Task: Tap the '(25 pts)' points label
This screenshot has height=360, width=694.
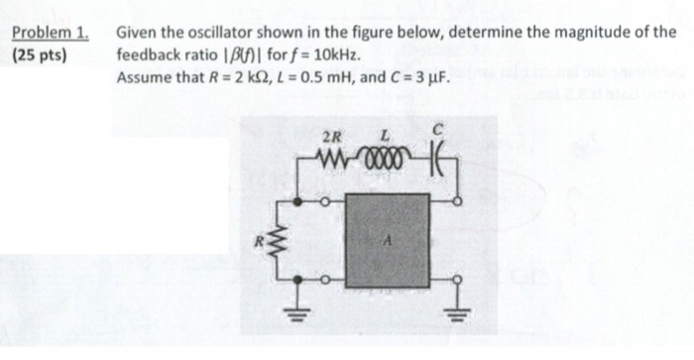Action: point(40,54)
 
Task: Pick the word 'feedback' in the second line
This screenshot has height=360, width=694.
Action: point(149,54)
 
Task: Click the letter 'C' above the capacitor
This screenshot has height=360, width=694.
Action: point(437,130)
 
